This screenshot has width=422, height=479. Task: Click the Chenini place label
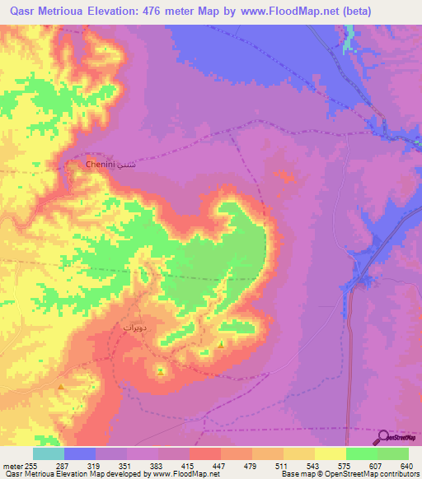(x=101, y=165)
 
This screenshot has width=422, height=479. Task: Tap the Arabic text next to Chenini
(x=126, y=165)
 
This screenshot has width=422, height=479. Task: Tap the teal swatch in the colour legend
(x=49, y=453)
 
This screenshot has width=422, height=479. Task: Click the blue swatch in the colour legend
(x=80, y=453)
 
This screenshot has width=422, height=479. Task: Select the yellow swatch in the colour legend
(x=331, y=453)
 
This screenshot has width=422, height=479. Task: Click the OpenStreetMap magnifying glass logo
(x=384, y=438)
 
